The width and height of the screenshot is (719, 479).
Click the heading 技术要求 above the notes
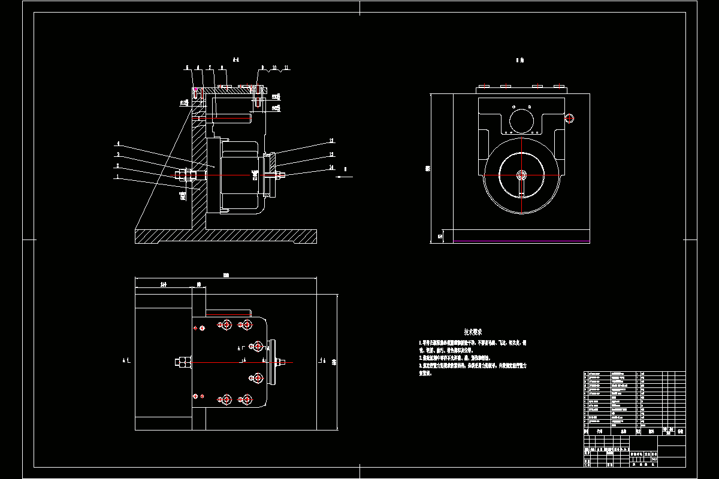pos(473,331)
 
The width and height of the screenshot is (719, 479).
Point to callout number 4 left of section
pos(118,144)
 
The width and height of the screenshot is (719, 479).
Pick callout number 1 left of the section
pos(118,177)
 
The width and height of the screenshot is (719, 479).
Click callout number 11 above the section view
pos(286,68)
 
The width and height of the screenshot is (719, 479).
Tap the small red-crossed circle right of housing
pos(570,119)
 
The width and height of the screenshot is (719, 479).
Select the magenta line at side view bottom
pos(521,241)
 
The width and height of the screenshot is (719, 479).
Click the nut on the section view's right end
pos(279,175)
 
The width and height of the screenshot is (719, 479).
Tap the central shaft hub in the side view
pos(522,175)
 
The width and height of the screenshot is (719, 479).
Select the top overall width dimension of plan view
pos(226,276)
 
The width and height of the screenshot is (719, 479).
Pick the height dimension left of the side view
pos(427,168)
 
